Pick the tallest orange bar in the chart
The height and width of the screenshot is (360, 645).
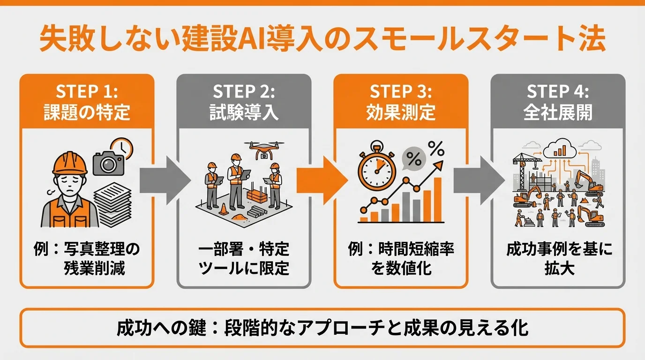click(x=437, y=199)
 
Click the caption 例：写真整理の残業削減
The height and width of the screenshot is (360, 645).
click(x=87, y=259)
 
